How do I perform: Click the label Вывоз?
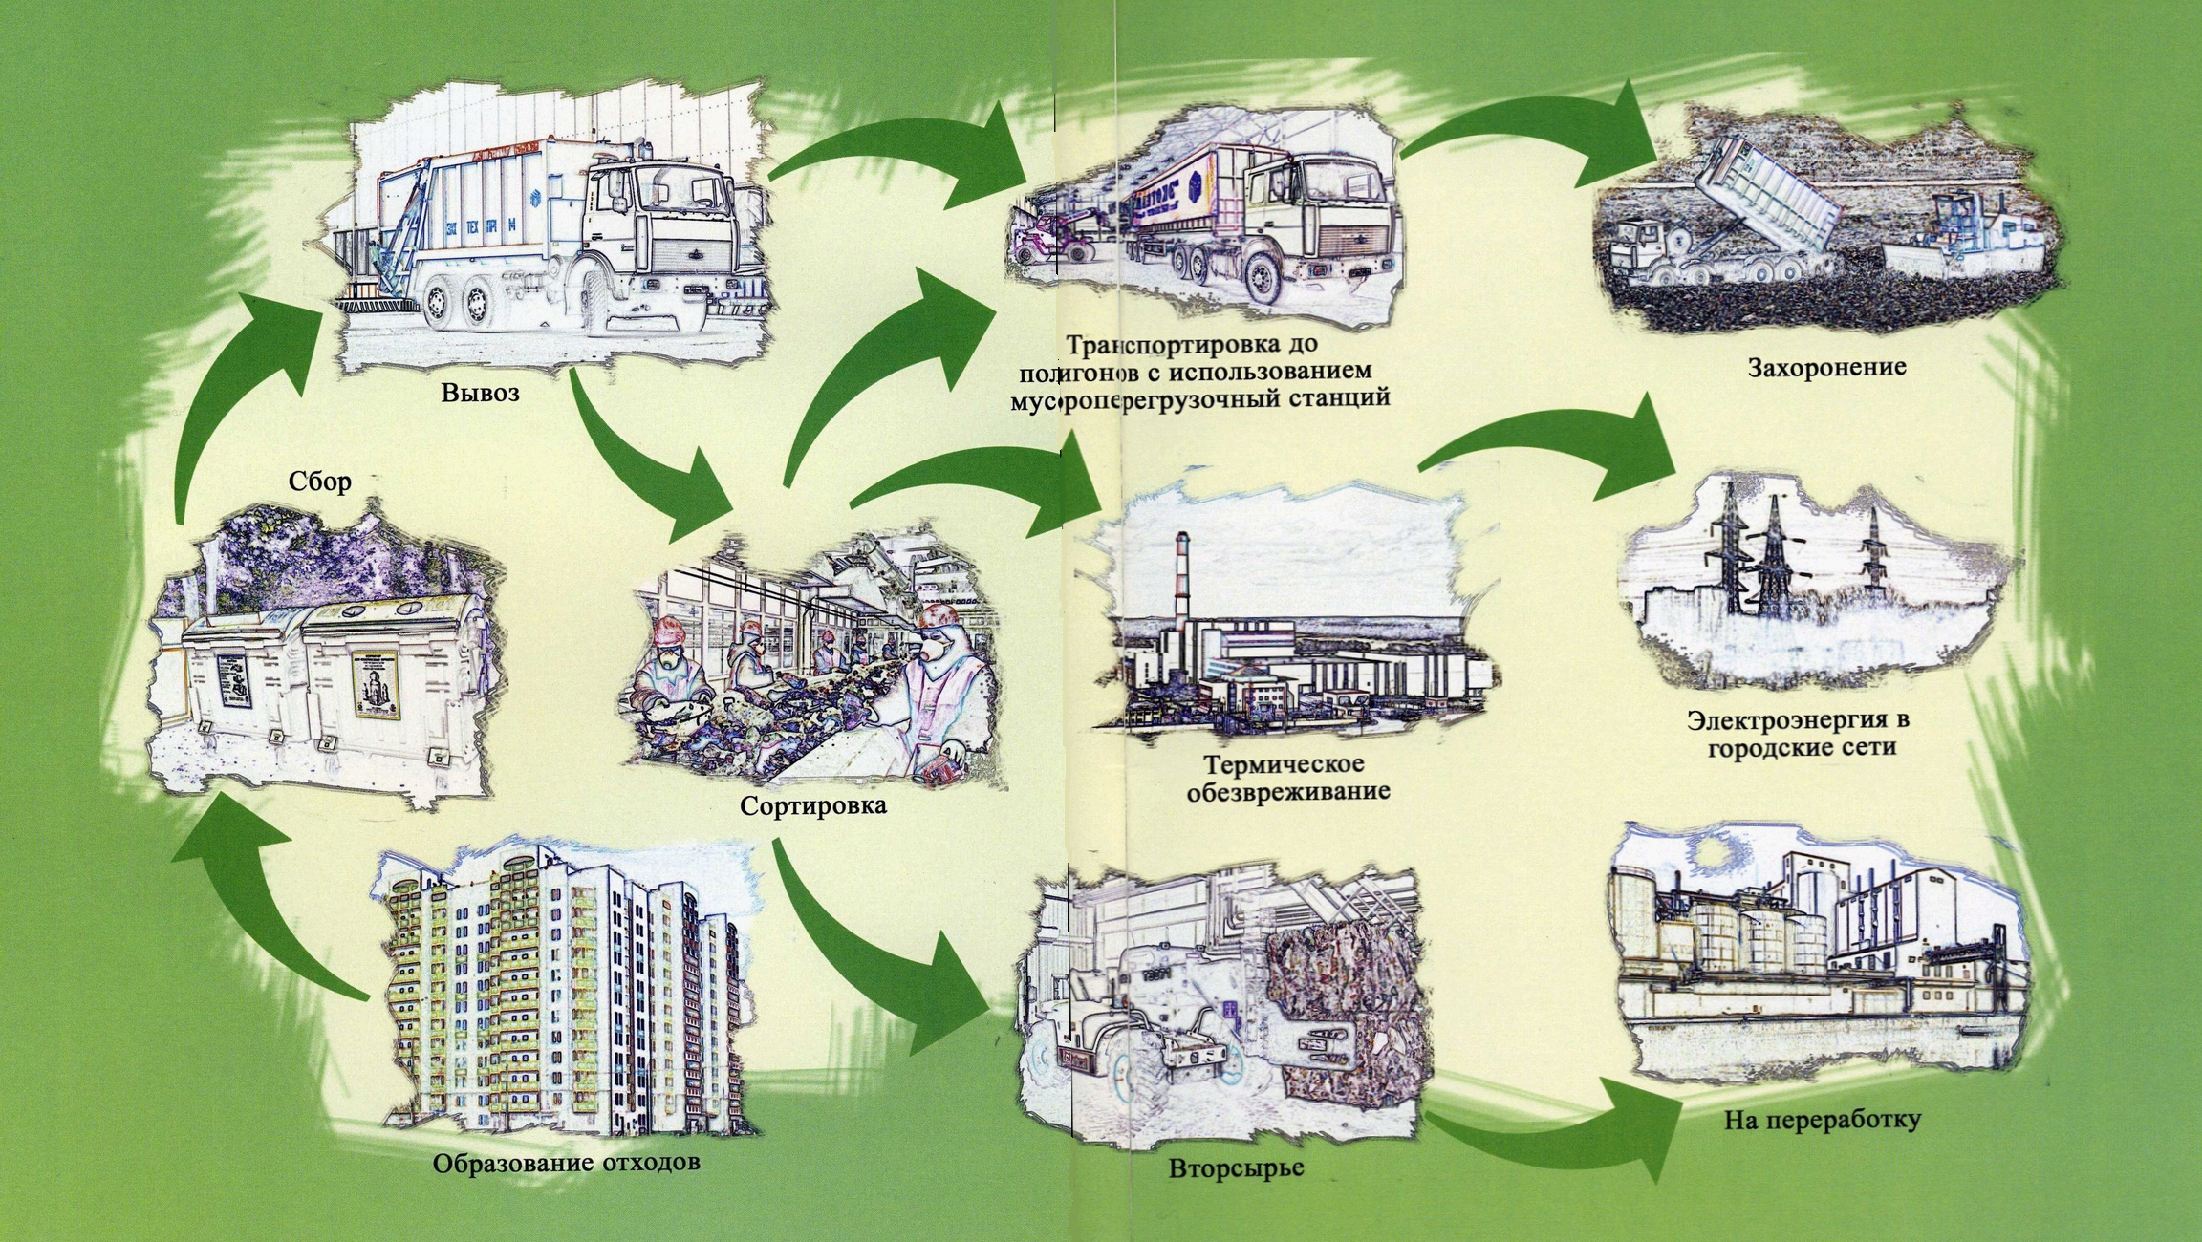point(480,393)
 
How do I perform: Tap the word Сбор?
point(320,482)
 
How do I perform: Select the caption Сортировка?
point(813,806)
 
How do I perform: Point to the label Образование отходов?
point(566,1164)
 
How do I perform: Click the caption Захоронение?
point(1826,368)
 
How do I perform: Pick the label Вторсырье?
point(1236,1168)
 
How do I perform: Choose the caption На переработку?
point(1822,1120)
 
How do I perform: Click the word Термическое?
point(1284,764)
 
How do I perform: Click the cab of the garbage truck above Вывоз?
point(659,220)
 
